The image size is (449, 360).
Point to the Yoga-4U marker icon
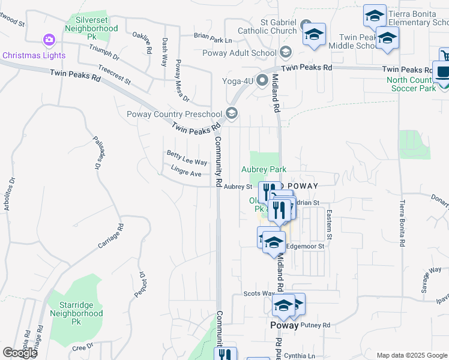coord(262,79)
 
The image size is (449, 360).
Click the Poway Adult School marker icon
coord(285,53)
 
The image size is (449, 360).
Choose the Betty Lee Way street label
coord(187,159)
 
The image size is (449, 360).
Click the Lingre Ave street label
coord(186,173)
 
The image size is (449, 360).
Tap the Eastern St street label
coord(328,221)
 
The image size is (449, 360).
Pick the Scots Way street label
coord(259,293)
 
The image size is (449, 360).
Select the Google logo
coord(20,353)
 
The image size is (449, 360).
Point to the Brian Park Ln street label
coord(212,40)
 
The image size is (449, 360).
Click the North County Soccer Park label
coord(411,84)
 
